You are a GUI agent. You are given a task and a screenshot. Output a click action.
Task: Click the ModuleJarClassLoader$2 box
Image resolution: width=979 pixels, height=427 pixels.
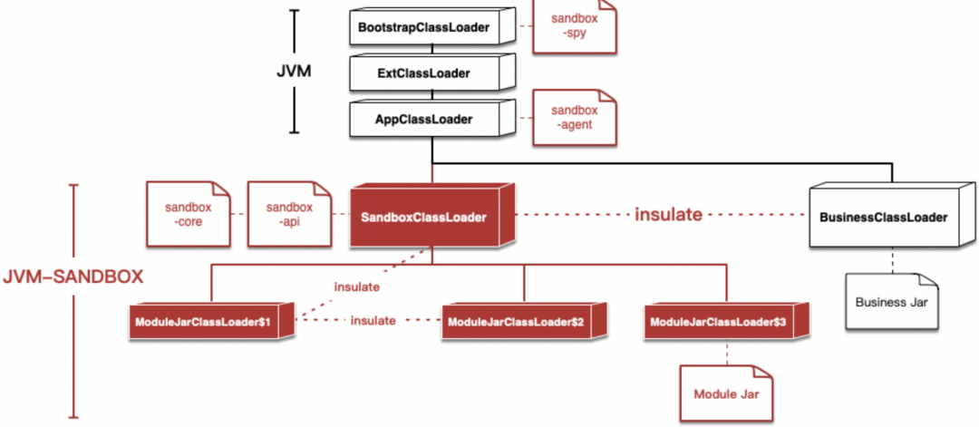coord(522,323)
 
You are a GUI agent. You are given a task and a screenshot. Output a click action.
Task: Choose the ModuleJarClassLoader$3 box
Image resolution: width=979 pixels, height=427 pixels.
coord(725,323)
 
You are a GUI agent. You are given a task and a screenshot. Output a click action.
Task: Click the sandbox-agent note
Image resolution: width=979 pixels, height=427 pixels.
coord(573,118)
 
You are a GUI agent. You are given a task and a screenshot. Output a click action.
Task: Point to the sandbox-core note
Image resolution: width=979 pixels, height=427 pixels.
coord(187,214)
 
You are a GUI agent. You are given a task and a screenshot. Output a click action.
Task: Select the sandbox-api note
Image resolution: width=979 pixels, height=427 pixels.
coord(288,214)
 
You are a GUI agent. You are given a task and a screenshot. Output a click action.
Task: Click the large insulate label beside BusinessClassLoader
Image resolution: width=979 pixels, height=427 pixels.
coord(669,215)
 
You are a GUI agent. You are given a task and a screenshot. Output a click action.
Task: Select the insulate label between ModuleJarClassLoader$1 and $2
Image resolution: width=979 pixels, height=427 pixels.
coord(373,320)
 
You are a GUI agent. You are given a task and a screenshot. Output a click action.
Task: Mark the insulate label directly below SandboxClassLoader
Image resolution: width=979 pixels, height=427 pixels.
coord(355,286)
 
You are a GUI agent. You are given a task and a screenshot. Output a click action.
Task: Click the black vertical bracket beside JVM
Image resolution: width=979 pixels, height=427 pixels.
coord(294,71)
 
